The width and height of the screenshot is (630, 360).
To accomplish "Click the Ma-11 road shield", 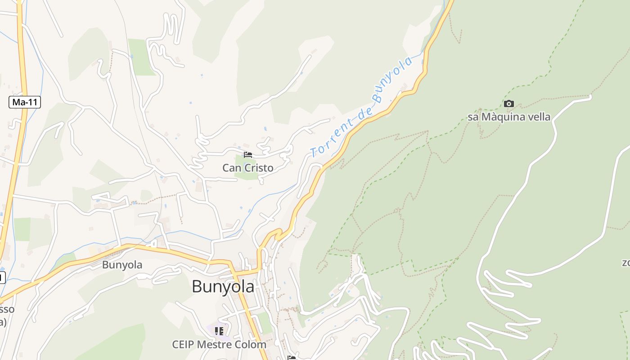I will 25,102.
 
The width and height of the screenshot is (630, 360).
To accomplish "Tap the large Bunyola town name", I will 223,287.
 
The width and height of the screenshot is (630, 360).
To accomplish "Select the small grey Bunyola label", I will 122,265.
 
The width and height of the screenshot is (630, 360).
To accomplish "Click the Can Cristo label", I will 247,168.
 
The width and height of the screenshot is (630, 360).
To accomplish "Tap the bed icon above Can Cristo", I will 247,155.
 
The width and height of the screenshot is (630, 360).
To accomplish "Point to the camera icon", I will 509,104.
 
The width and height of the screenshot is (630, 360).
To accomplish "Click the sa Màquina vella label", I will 508,117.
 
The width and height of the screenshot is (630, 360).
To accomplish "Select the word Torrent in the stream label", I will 332,138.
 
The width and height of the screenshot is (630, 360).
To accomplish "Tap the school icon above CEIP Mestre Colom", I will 219,332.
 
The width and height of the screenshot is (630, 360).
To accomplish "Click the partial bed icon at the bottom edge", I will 292,358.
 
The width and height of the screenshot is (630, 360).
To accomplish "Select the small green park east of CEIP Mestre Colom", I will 265,323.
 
